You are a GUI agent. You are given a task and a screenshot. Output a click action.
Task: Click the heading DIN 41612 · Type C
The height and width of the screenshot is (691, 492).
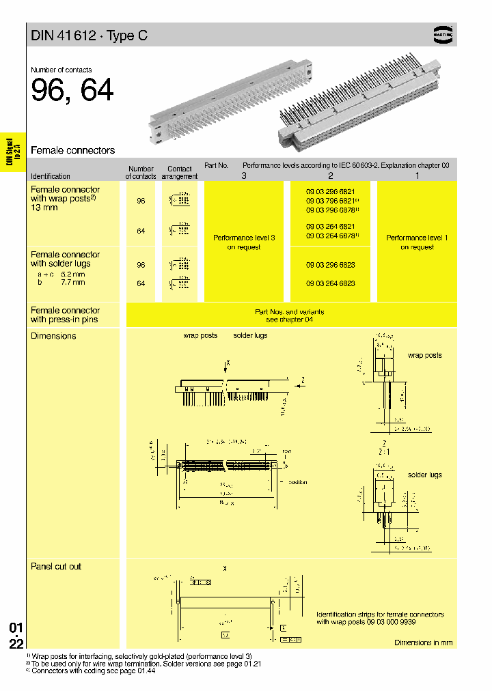[89, 36]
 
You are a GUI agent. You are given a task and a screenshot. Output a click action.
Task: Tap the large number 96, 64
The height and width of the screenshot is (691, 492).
[72, 91]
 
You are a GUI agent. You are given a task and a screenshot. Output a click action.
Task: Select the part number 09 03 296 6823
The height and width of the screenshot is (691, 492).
[330, 264]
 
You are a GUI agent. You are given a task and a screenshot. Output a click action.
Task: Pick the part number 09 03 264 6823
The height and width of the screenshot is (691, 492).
[330, 283]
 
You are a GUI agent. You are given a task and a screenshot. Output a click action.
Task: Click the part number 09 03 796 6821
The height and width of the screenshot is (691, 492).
[330, 201]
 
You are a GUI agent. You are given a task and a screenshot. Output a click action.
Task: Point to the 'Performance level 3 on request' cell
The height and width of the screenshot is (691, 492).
[244, 242]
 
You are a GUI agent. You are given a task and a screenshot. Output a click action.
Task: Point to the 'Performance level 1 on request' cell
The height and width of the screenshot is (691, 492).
[417, 242]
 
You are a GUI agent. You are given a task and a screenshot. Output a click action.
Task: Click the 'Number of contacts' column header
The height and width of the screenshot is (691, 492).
[141, 172]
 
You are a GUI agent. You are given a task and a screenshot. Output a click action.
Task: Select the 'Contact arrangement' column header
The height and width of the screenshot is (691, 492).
[180, 172]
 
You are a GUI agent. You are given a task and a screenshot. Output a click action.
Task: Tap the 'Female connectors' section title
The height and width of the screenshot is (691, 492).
[73, 150]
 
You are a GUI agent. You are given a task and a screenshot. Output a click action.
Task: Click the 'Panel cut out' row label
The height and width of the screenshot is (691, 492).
[56, 566]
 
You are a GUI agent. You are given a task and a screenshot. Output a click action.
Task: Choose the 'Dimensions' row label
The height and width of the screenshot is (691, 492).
[53, 336]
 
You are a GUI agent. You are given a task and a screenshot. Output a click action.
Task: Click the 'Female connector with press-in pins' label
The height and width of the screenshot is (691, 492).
[65, 315]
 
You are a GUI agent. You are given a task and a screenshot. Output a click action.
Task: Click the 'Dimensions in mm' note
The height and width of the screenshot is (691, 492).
[423, 643]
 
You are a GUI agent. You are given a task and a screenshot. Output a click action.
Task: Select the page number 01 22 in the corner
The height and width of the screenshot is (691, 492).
[16, 636]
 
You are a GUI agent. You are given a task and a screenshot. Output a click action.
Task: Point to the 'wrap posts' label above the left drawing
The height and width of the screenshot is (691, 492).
[200, 335]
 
